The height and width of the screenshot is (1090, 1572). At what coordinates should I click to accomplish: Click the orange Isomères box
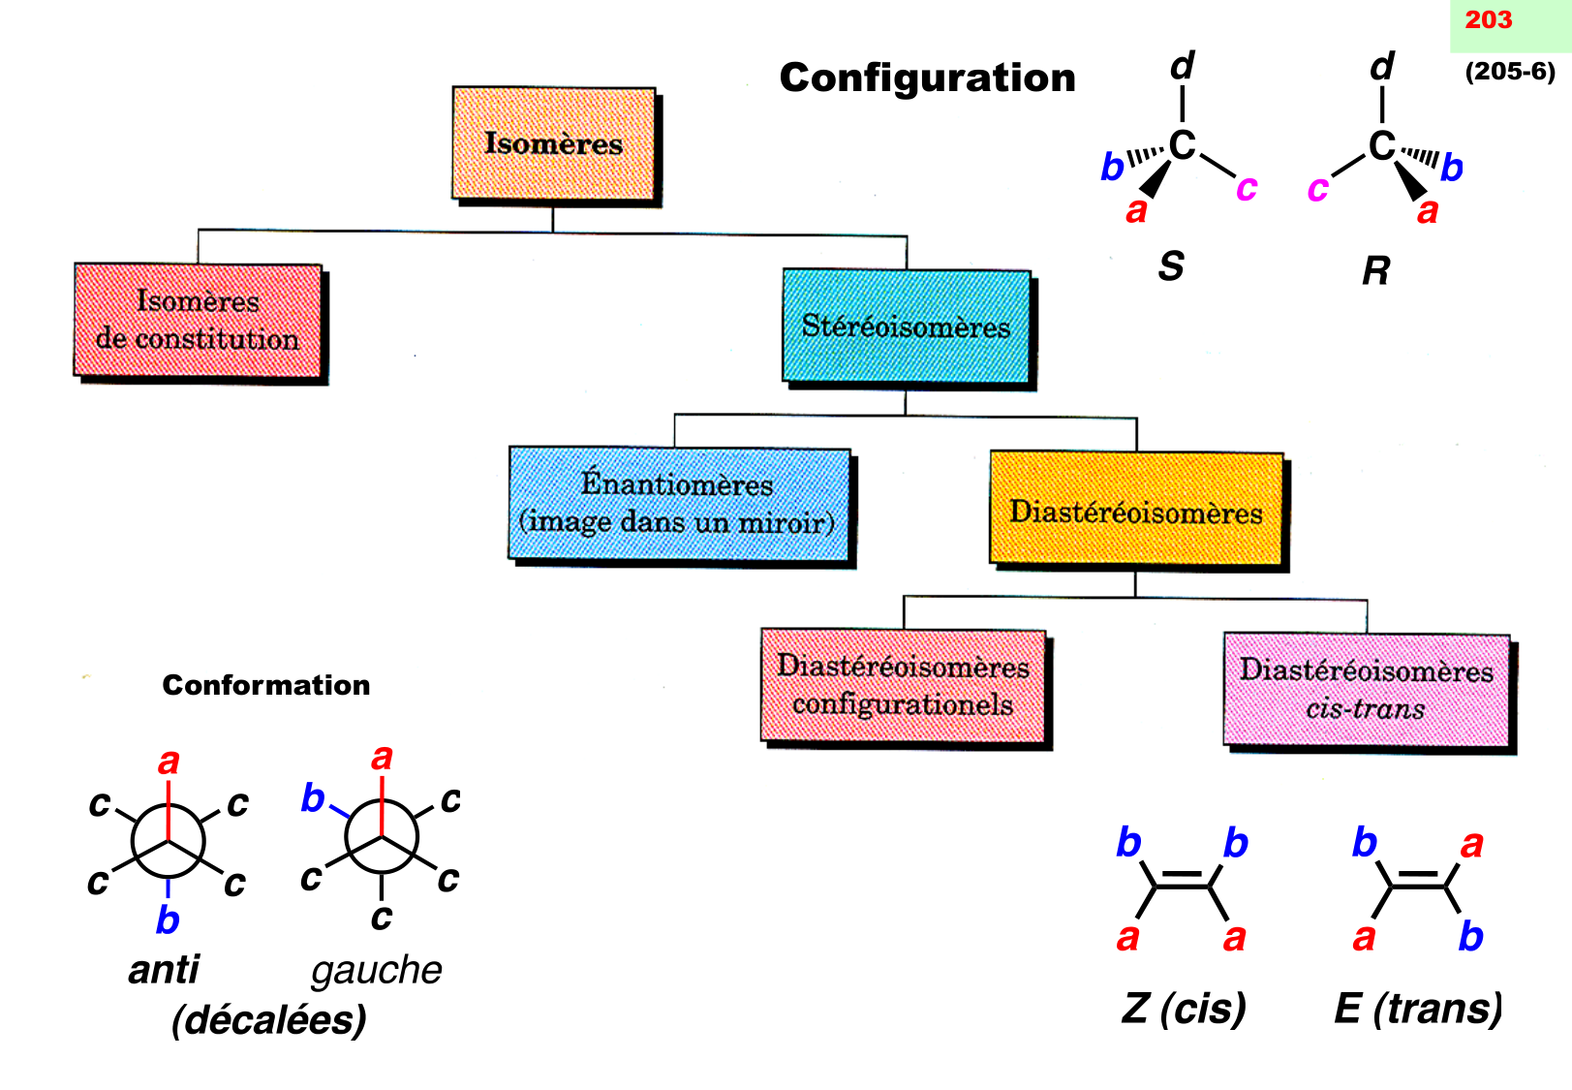pyautogui.click(x=553, y=143)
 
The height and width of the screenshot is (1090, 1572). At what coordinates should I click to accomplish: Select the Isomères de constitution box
pyautogui.click(x=198, y=320)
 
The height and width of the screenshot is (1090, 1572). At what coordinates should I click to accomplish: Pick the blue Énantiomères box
pyautogui.click(x=678, y=503)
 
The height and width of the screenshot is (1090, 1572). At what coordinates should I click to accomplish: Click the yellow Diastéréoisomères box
pyautogui.click(x=1136, y=511)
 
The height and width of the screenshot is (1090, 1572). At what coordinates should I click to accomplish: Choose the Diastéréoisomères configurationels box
pyautogui.click(x=904, y=686)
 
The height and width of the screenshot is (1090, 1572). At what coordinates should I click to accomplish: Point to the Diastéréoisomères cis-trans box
pyautogui.click(x=1366, y=689)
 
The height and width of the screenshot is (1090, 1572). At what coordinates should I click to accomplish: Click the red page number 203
pyautogui.click(x=1489, y=20)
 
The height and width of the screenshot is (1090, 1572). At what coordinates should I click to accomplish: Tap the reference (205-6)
pyautogui.click(x=1510, y=72)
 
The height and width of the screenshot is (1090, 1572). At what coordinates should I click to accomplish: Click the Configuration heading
pyautogui.click(x=927, y=78)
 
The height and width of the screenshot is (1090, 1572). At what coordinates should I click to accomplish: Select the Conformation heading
pyautogui.click(x=266, y=685)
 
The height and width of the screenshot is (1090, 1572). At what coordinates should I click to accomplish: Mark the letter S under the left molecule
pyautogui.click(x=1171, y=266)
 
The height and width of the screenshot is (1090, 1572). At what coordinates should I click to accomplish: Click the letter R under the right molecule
pyautogui.click(x=1375, y=270)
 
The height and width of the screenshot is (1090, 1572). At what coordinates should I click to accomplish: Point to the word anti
pyautogui.click(x=164, y=970)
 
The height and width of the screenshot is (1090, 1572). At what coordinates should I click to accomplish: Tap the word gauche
pyautogui.click(x=377, y=970)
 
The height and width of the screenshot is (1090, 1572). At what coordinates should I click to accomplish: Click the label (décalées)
pyautogui.click(x=269, y=1020)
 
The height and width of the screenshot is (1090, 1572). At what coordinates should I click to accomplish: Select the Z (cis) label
pyautogui.click(x=1184, y=1009)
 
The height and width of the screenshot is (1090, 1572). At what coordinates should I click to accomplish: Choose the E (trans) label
pyautogui.click(x=1418, y=1009)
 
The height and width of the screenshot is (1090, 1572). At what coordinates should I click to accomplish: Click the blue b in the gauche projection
pyautogui.click(x=312, y=798)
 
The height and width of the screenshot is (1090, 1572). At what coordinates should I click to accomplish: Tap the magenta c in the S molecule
pyautogui.click(x=1247, y=187)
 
